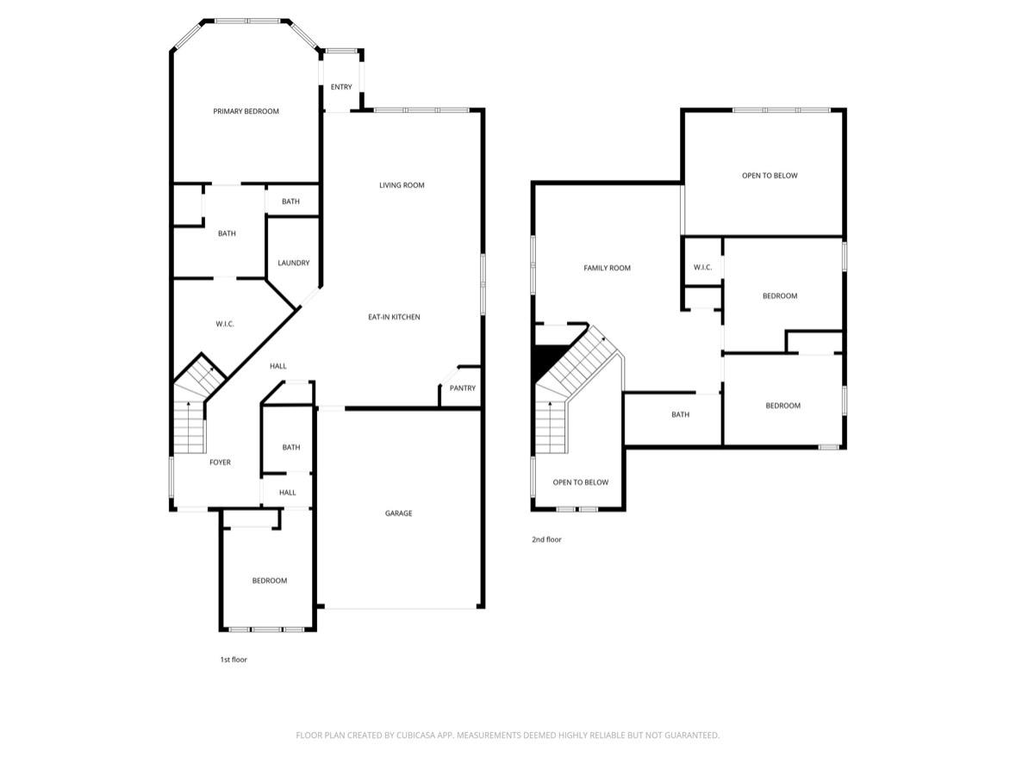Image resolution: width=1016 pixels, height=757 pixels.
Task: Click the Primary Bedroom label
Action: click(246, 111)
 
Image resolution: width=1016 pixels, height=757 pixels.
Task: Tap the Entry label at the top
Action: click(341, 87)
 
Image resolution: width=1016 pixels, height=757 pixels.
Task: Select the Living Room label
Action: click(402, 185)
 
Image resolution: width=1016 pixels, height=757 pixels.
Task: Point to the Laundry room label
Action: click(293, 263)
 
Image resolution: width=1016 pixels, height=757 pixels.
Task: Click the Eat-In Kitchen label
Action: click(394, 317)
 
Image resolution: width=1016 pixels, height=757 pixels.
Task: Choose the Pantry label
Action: click(463, 388)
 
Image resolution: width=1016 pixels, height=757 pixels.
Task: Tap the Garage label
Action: click(398, 513)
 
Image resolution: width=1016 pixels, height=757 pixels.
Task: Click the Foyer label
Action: click(220, 462)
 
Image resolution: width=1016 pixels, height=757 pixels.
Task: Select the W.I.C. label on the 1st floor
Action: click(225, 324)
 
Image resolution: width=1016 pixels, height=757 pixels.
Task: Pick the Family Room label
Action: click(607, 268)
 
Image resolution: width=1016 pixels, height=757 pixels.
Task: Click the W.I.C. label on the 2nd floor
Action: click(702, 267)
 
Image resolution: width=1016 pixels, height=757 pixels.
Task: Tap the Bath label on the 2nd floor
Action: click(680, 414)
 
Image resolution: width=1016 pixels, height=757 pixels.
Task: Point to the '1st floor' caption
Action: click(234, 660)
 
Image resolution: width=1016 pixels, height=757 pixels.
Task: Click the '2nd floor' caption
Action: click(546, 539)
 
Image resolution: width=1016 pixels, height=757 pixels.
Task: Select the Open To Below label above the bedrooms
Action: click(770, 176)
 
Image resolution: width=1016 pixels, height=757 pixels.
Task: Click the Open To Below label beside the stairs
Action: click(580, 482)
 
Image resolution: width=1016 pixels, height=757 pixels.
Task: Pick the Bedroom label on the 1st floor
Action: click(269, 580)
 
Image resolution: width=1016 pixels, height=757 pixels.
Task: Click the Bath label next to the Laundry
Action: click(290, 202)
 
